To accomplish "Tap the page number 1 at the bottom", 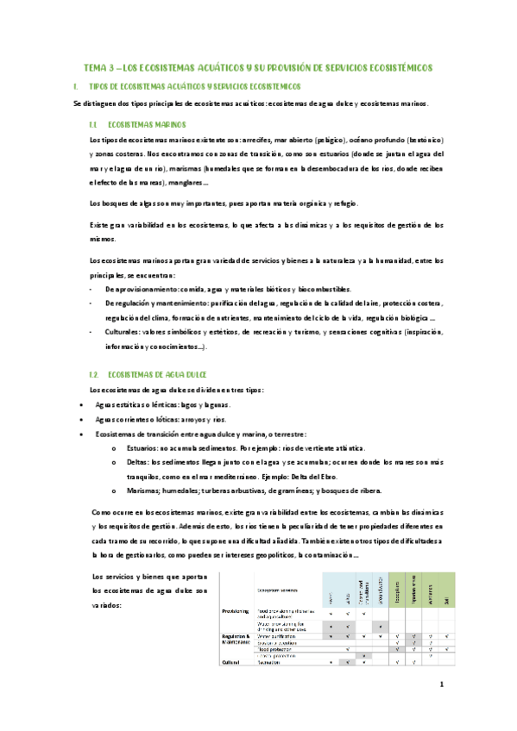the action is tap(440, 685).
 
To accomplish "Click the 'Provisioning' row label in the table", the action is tap(232, 611).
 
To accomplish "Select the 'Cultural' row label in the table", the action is tap(229, 662).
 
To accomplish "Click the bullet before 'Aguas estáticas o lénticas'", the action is tap(81, 404).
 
